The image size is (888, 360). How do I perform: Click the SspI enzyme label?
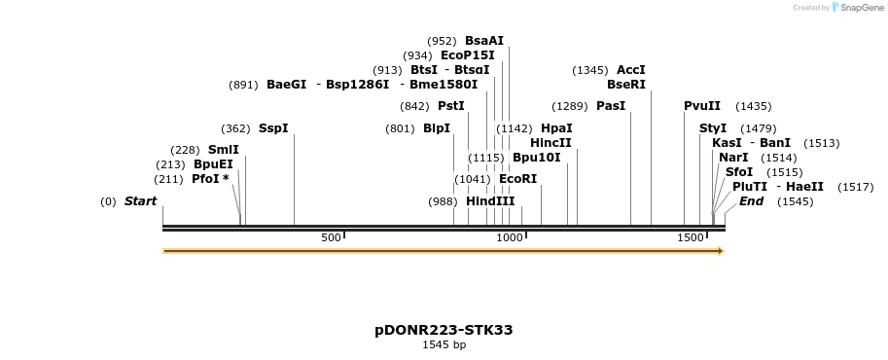[x=273, y=128]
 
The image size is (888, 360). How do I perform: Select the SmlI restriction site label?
[x=223, y=150]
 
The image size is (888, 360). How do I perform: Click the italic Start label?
[x=140, y=201]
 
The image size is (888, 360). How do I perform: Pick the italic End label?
[x=751, y=201]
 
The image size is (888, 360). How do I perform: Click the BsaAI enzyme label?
[x=484, y=41]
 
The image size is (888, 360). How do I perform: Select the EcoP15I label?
[x=468, y=55]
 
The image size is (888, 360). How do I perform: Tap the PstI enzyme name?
[x=451, y=106]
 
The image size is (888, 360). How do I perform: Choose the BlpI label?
[x=437, y=128]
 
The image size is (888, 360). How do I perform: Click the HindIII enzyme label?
[x=490, y=201]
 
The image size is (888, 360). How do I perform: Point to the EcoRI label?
[x=517, y=179]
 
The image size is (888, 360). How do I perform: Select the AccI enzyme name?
[x=631, y=70]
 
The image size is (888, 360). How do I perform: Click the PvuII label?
[x=702, y=106]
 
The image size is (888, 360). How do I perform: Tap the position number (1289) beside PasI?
[x=570, y=106]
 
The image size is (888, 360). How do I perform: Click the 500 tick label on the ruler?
[x=331, y=238]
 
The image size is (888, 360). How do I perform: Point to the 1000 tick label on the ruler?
[x=510, y=238]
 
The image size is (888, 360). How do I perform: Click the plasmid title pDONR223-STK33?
[x=444, y=330]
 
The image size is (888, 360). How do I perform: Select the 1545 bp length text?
[x=444, y=345]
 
